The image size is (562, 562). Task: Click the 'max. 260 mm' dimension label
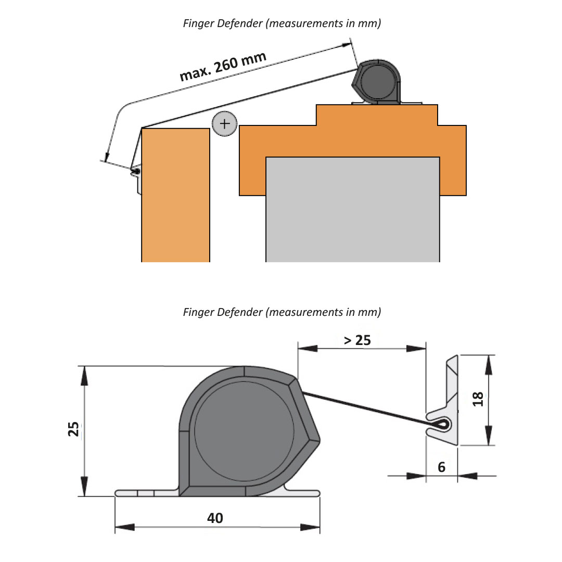223,67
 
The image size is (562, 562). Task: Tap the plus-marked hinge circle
224,124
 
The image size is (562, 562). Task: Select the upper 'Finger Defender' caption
282,24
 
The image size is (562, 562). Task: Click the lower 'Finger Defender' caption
282,312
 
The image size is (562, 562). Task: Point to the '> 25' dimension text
357,340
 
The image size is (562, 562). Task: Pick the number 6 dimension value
441,467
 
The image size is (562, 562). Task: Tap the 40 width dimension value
215,518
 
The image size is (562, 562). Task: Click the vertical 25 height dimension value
74,429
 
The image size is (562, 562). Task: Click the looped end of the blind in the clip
440,425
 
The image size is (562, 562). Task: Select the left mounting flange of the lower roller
146,493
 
